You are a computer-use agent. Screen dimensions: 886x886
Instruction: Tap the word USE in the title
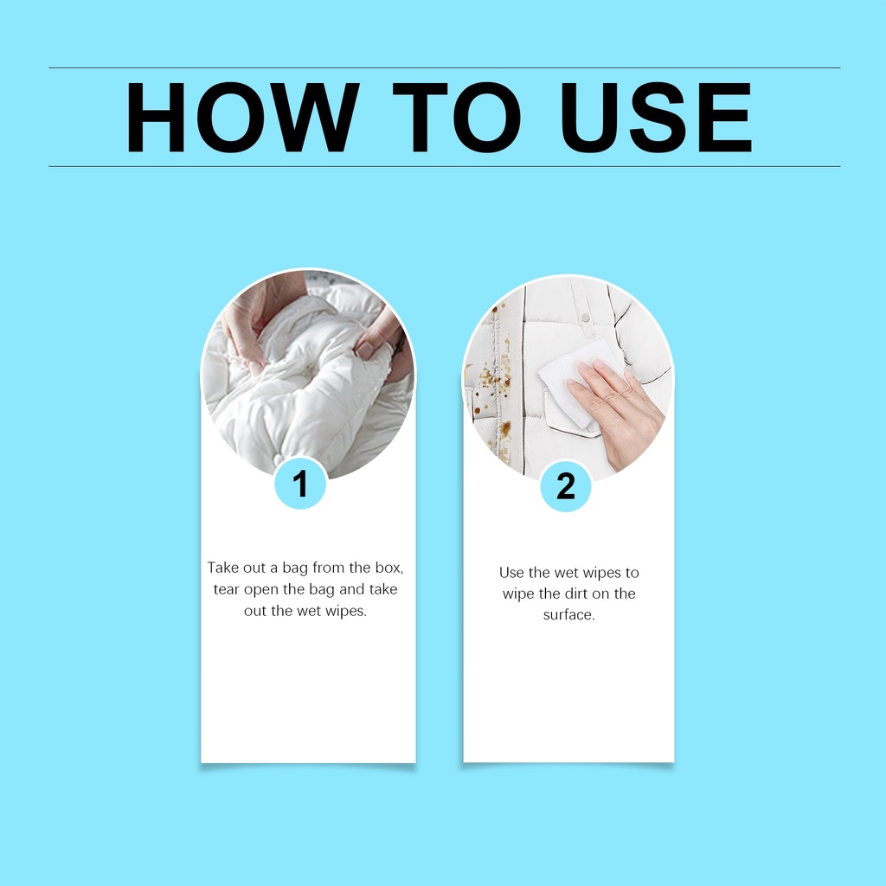tap(656, 118)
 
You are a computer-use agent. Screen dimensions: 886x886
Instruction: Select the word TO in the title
tap(457, 118)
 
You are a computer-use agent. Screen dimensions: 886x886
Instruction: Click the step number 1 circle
tap(300, 484)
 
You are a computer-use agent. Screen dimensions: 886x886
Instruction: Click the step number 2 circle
tap(566, 486)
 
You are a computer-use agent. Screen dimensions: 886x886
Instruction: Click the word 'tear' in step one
tap(226, 589)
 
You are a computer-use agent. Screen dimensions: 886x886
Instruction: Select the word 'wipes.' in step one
tap(346, 612)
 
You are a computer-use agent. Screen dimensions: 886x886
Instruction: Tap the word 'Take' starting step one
tap(222, 568)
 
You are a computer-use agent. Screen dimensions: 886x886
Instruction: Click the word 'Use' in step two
tap(510, 573)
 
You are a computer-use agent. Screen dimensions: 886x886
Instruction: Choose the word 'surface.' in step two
tap(569, 615)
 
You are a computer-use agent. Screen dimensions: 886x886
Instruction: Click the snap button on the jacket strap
tap(586, 318)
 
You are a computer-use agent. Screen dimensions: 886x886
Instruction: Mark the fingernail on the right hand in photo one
tap(364, 351)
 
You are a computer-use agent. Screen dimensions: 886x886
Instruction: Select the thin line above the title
tap(444, 67)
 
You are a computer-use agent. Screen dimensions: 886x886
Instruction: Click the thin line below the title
tap(444, 167)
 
